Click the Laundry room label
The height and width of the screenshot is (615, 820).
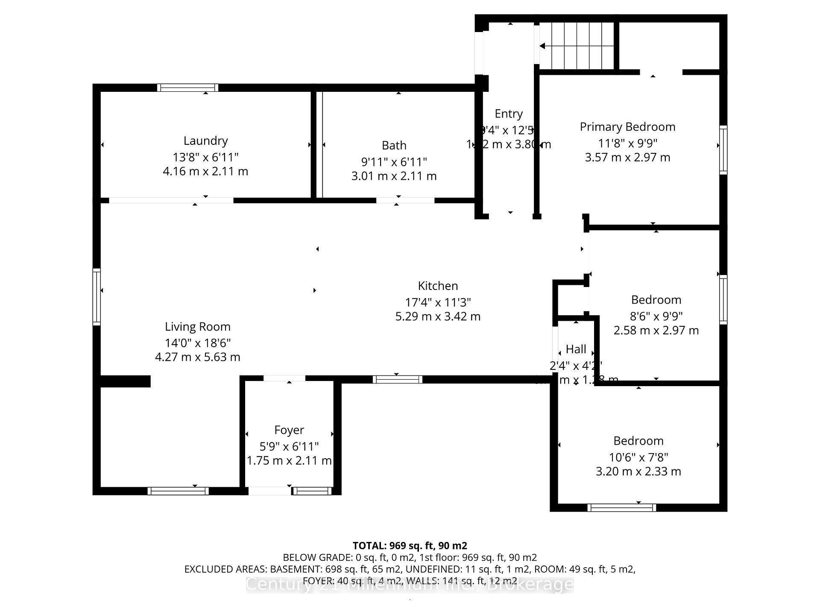coord(205,141)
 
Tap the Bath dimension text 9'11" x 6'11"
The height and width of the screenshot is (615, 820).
coord(394,162)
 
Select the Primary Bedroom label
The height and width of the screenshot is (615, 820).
coord(627,127)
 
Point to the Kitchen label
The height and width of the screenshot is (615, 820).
coord(438,286)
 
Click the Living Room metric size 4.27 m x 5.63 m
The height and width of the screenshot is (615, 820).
coord(197,357)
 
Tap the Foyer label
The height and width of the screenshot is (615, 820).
coord(289,430)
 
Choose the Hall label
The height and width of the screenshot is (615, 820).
coord(576,349)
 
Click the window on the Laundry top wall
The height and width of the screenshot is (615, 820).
coord(187,88)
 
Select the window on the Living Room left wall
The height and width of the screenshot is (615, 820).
coord(97,297)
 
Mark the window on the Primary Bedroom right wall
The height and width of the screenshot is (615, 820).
coord(723,149)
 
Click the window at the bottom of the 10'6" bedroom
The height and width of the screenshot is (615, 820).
coord(621,507)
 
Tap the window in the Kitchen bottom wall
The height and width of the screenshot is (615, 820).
coord(397,379)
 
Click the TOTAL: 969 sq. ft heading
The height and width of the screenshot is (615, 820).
coord(410,545)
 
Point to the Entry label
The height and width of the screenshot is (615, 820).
coord(508,114)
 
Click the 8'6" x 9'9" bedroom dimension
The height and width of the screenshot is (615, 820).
coord(656,316)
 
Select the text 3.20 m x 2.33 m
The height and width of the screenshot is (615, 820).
coord(638,471)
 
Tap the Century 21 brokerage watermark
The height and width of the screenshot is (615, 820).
coord(410,584)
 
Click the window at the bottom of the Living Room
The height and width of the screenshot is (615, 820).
coord(178,491)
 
